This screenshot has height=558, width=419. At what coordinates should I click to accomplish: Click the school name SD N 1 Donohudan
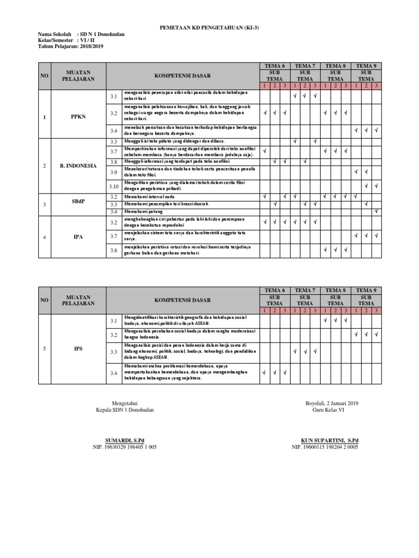coord(101,34)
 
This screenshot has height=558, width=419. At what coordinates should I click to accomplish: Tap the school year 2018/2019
coord(91,46)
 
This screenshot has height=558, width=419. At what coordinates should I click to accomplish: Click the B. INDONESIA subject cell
coord(79,166)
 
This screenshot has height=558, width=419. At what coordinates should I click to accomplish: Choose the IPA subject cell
coord(79,237)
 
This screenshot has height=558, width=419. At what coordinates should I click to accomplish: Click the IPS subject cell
coord(79,348)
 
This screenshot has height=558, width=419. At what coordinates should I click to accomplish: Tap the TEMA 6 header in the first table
coord(275,66)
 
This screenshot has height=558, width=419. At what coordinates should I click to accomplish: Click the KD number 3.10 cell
coord(113,186)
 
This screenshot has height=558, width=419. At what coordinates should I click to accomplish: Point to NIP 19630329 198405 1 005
coord(125,447)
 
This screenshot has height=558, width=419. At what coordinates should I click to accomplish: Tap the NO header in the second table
coord(44,300)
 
